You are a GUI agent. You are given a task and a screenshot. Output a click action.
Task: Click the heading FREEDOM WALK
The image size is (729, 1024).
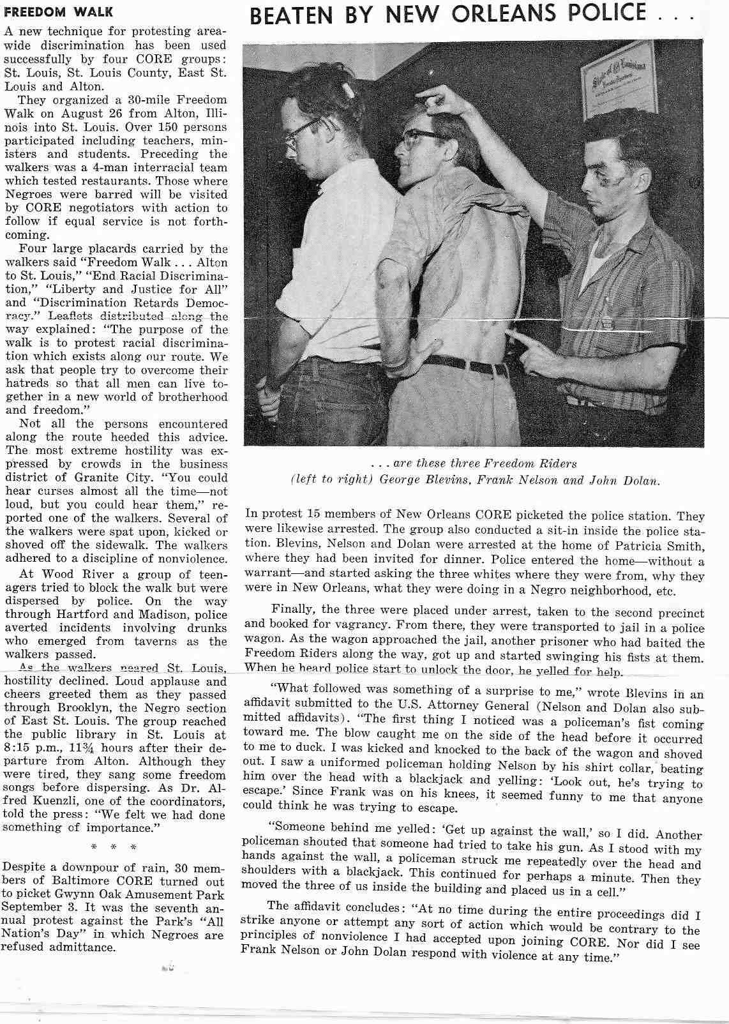(x=59, y=12)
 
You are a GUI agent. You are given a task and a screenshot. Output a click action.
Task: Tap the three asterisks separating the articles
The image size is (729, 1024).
(x=114, y=847)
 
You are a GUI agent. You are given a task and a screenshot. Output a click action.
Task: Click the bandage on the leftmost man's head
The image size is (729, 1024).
(x=348, y=88)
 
